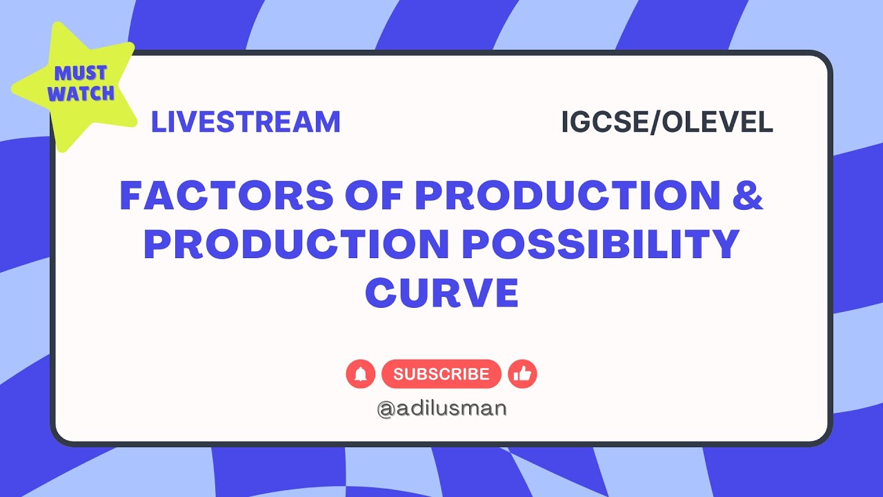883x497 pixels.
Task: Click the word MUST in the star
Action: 81,74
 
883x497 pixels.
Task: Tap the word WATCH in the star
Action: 81,94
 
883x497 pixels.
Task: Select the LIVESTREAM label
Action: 246,122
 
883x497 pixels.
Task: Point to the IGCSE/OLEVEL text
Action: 667,122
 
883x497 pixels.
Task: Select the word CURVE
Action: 441,293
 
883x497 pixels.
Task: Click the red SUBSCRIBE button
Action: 441,374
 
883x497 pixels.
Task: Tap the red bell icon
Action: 360,374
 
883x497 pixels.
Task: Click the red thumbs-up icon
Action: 522,374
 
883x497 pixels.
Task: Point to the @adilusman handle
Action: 441,408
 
